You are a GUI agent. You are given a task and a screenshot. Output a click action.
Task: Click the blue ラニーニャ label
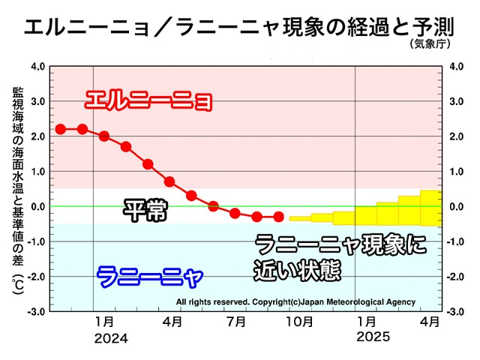[150, 277]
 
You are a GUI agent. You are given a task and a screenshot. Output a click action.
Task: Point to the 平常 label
[144, 211]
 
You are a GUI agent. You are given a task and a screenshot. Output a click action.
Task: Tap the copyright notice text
[295, 302]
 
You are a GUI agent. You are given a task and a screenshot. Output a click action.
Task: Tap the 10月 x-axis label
[299, 322]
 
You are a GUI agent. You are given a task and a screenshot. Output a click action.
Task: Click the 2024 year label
[111, 338]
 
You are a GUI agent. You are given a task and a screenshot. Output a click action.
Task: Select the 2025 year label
[373, 338]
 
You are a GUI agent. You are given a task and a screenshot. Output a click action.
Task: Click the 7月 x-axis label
[235, 322]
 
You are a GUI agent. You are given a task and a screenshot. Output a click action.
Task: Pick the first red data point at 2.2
[61, 129]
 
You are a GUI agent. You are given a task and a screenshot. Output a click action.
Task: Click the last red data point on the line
[278, 217]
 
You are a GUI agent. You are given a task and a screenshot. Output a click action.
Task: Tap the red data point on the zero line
[213, 205]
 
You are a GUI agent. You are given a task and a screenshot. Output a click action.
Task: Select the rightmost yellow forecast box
[430, 208]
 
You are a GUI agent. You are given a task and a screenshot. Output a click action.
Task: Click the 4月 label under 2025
[430, 322]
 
